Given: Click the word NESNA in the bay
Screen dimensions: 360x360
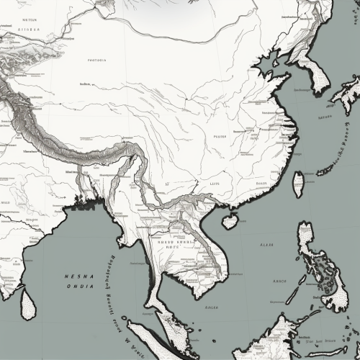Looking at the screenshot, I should point(78,275).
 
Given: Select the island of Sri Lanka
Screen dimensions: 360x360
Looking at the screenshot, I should point(27,303).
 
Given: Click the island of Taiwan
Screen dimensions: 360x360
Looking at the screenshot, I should point(298,184).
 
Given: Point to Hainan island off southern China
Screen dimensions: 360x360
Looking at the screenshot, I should point(230,221).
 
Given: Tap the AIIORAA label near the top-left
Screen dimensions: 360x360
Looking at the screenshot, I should point(29,30).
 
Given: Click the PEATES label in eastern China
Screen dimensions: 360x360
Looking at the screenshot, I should point(220,136).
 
